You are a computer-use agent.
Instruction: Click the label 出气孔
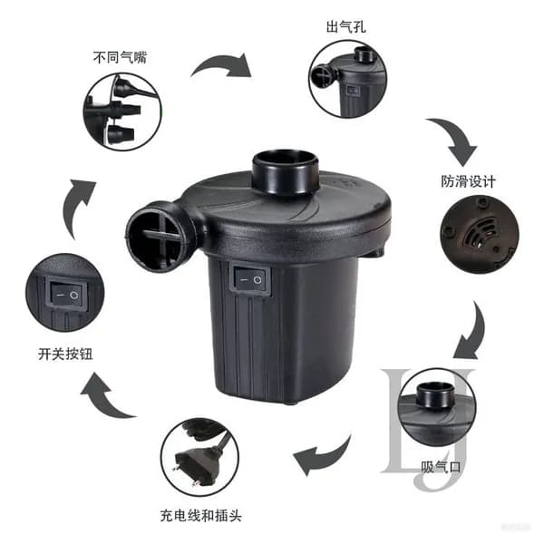pyautogui.click(x=346, y=27)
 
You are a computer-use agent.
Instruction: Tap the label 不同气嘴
pyautogui.click(x=120, y=57)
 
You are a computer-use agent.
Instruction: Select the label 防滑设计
pyautogui.click(x=468, y=181)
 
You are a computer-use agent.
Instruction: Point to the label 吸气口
pyautogui.click(x=441, y=467)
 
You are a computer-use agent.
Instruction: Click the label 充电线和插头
pyautogui.click(x=201, y=516)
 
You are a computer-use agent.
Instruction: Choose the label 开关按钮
pyautogui.click(x=65, y=355)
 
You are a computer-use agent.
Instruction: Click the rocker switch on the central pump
pyautogui.click(x=251, y=280)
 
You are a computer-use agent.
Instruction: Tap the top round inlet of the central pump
pyautogui.click(x=286, y=171)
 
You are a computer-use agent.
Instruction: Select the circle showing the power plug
pyautogui.click(x=199, y=457)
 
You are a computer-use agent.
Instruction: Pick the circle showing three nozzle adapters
pyautogui.click(x=122, y=112)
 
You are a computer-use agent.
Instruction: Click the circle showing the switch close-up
pyautogui.click(x=65, y=293)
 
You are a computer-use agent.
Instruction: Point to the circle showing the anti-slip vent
pyautogui.click(x=480, y=234)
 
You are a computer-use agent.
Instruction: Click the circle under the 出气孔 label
pyautogui.click(x=348, y=79)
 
